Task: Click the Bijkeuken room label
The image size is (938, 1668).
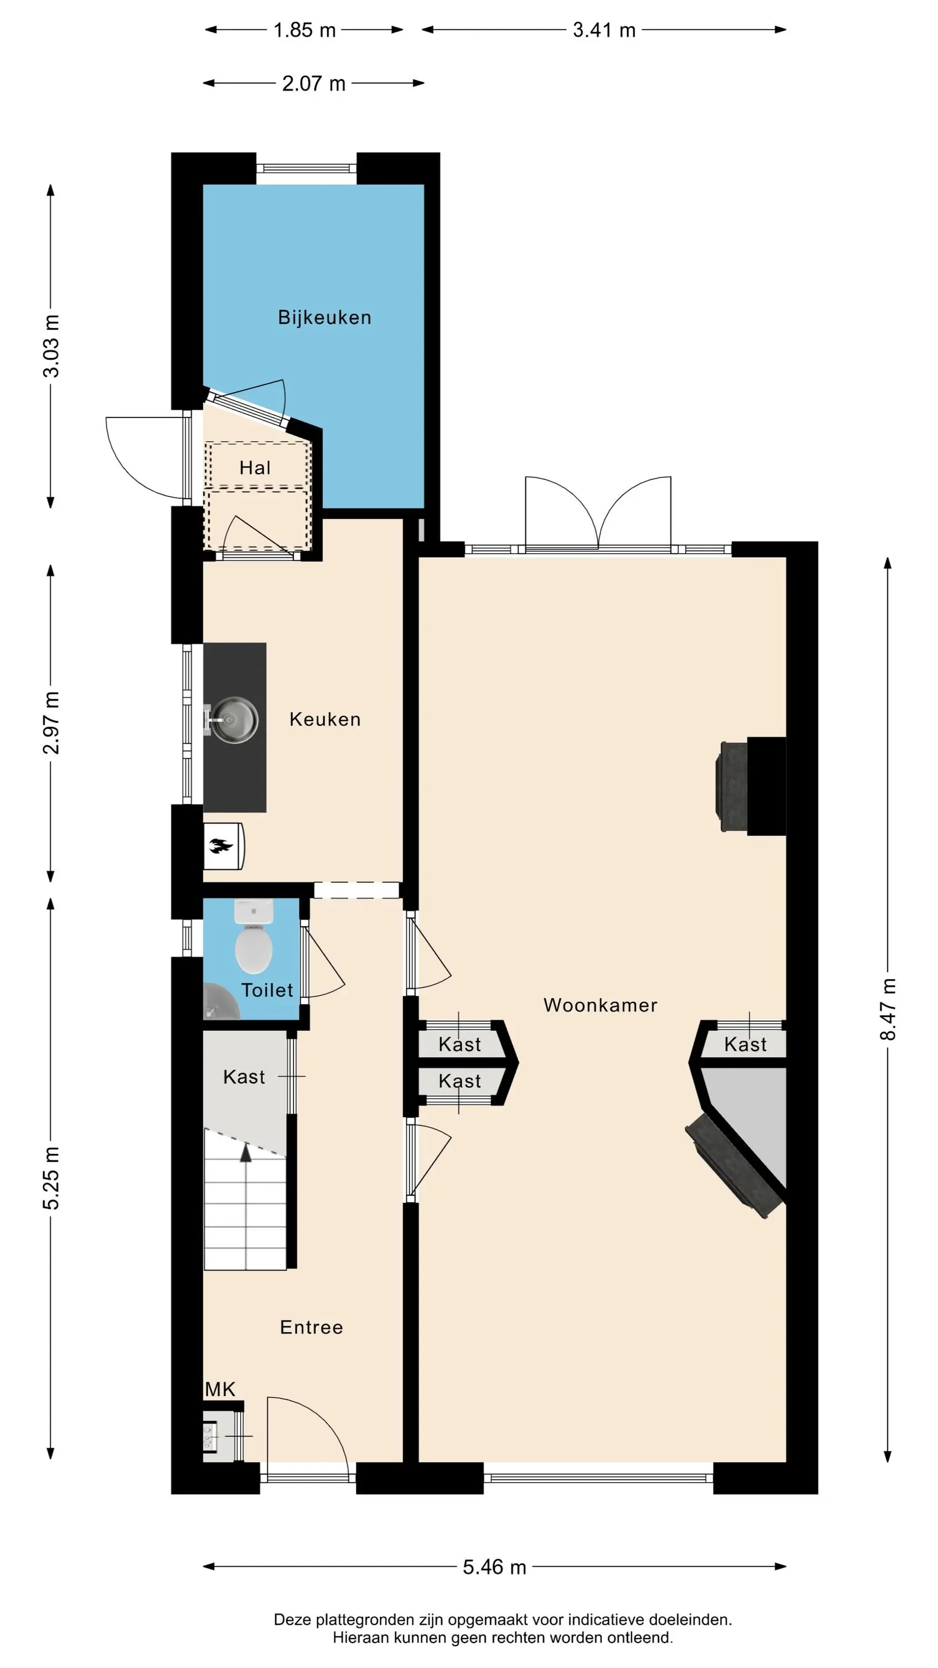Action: [325, 317]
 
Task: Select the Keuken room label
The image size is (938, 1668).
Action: [325, 719]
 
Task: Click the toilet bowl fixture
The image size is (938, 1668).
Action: [253, 937]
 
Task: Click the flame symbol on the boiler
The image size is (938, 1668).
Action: [221, 846]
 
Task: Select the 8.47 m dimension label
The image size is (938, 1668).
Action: [887, 1010]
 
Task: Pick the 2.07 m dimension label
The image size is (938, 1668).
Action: [314, 83]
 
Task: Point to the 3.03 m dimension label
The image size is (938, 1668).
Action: [51, 346]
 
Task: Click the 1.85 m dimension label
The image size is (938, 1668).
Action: [305, 30]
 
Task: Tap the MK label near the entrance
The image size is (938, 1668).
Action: [220, 1389]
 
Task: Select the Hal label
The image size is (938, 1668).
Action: [255, 468]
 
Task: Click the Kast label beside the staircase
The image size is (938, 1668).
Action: [244, 1077]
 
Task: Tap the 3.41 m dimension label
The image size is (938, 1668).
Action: [604, 30]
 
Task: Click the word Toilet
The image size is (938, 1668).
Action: [267, 990]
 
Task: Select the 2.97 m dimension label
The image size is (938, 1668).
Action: [51, 723]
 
